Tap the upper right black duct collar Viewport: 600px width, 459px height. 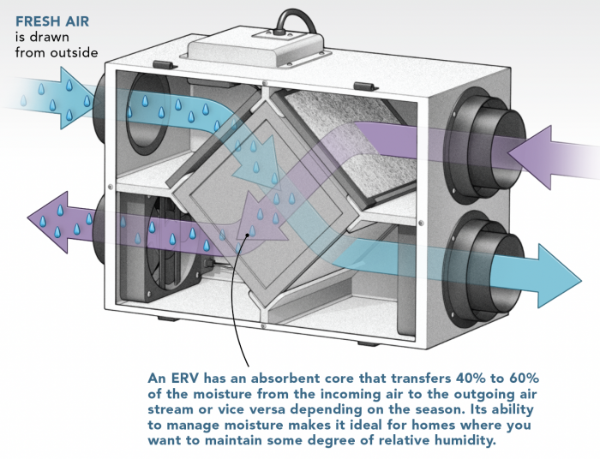[x=479, y=128]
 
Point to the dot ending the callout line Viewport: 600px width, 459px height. [x=249, y=233]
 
